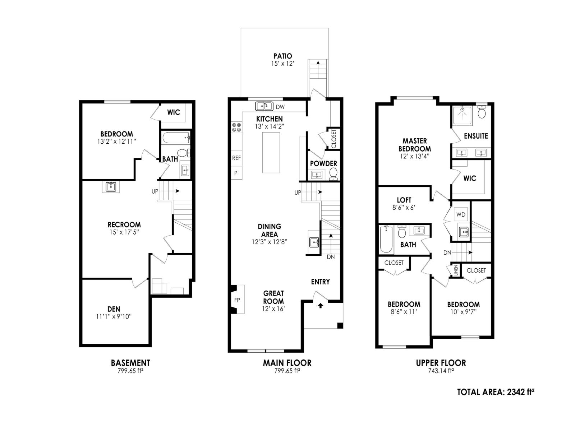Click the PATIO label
pos(282,56)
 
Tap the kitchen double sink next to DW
pos(264,106)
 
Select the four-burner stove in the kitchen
pos(236,127)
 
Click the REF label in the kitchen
pos(236,158)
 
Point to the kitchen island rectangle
pos(271,153)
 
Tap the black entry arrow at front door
pos(321,306)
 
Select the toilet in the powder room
pos(333,173)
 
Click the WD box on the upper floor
pos(461,215)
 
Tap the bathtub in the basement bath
pos(175,137)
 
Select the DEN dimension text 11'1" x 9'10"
pos(114,317)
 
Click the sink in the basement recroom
pos(111,187)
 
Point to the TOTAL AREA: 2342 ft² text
pos(495,392)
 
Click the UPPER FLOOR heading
pos(441,363)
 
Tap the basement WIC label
pos(174,112)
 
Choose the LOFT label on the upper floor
pos(404,200)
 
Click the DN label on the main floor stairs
pos(331,257)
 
